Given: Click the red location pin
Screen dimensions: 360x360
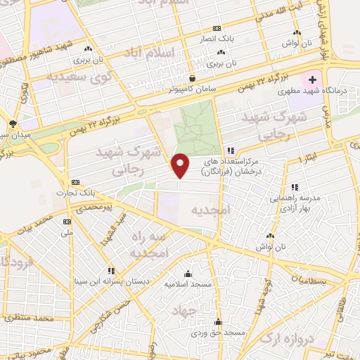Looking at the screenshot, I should (181, 165).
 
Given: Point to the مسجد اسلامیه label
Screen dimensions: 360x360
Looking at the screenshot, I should (187, 285).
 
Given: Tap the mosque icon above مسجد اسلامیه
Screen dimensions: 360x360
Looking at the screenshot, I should (188, 274).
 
